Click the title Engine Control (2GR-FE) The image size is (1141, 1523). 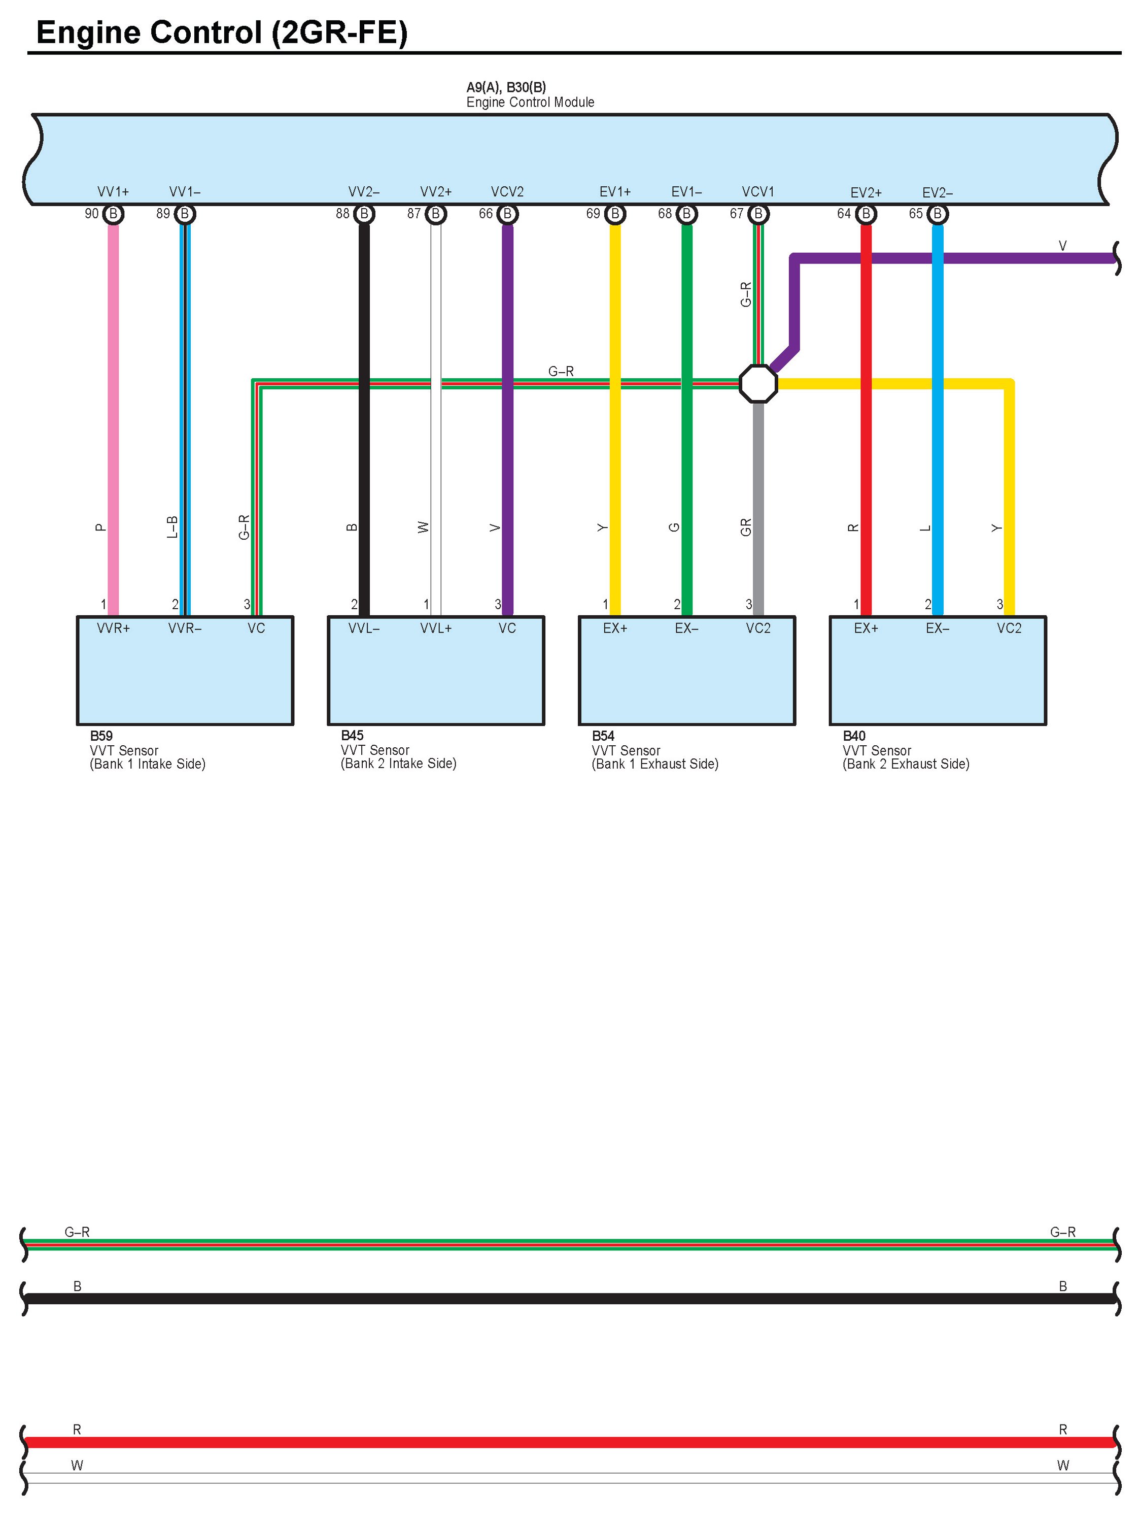coord(222,32)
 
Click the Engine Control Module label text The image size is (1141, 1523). coord(530,103)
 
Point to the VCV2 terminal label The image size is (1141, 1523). coord(507,192)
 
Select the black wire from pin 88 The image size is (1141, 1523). coord(364,413)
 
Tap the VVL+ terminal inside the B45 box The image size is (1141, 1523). coord(436,628)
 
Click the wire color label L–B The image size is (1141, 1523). coord(172,527)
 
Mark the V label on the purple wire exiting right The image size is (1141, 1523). coord(1062,246)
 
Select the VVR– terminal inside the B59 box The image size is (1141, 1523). coord(185,628)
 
